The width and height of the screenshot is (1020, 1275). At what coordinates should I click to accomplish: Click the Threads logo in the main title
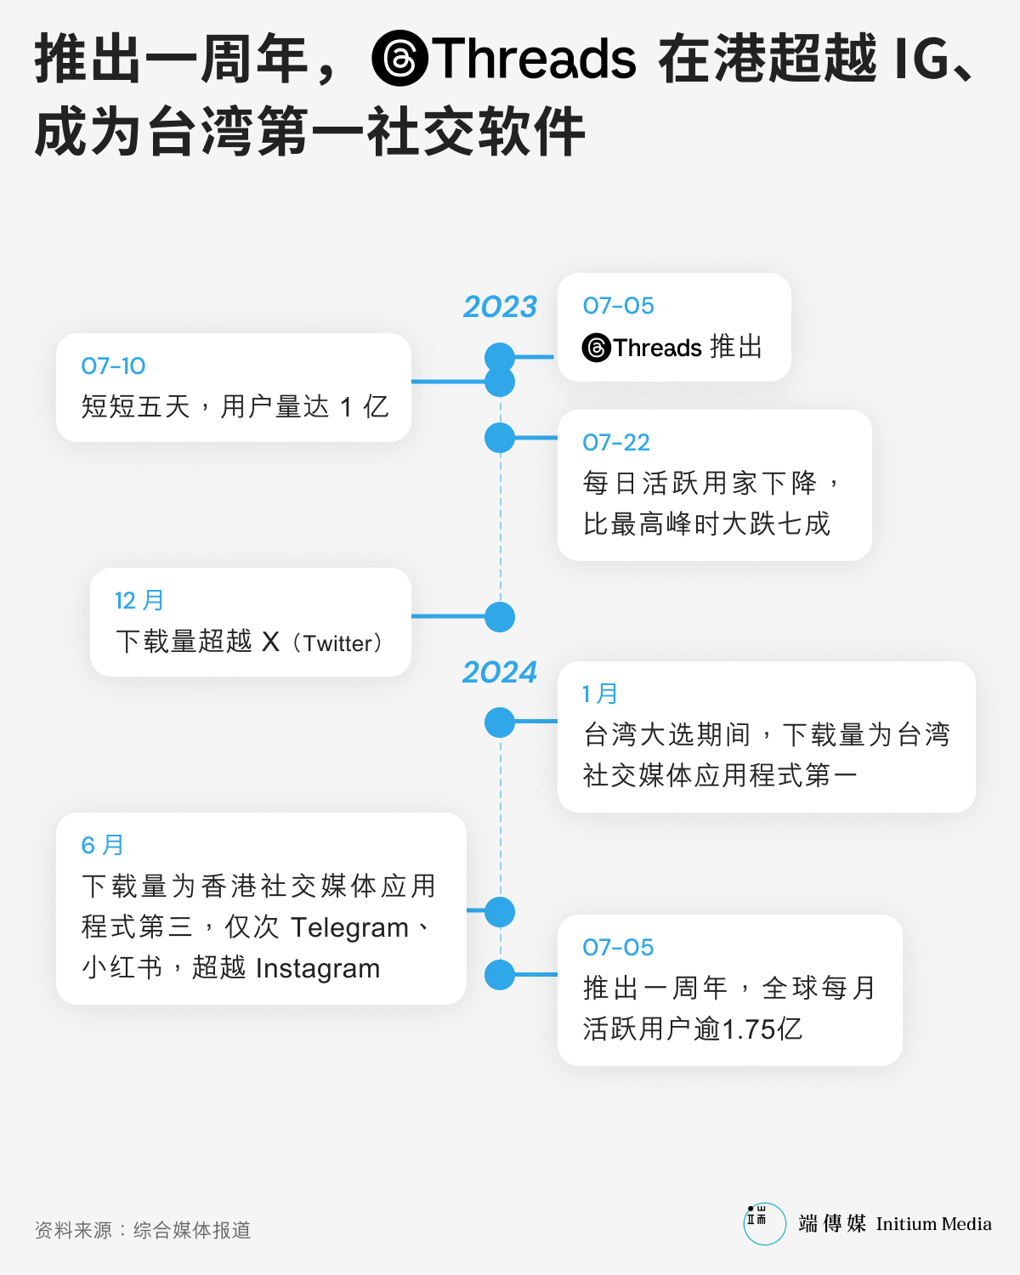399,58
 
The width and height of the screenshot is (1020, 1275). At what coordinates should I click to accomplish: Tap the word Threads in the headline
534,58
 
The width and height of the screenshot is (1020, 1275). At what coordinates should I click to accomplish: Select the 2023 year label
500,306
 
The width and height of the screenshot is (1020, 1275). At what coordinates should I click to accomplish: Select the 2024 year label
500,671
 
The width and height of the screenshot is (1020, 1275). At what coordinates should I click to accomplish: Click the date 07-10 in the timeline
113,366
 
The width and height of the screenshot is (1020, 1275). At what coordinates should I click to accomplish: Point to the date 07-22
615,443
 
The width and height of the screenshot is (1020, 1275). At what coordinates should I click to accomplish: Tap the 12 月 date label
139,600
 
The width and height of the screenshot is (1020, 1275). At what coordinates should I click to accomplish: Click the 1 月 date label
600,694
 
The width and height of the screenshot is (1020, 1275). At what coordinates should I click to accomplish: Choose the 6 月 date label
103,845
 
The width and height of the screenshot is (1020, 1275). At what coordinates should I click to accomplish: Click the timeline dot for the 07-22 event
500,438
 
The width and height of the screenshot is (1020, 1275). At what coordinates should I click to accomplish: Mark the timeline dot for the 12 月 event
500,617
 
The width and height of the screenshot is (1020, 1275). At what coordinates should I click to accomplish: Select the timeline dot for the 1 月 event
500,722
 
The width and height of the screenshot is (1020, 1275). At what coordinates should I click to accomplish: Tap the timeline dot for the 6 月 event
500,912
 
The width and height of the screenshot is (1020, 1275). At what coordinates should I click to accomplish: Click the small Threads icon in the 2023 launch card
596,347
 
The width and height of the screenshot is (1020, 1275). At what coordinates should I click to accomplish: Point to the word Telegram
349,927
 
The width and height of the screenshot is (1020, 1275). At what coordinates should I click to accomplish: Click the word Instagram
318,968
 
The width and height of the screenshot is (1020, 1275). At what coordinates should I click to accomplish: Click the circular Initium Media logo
764,1223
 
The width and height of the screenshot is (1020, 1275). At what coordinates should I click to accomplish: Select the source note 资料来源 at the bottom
73,1231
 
